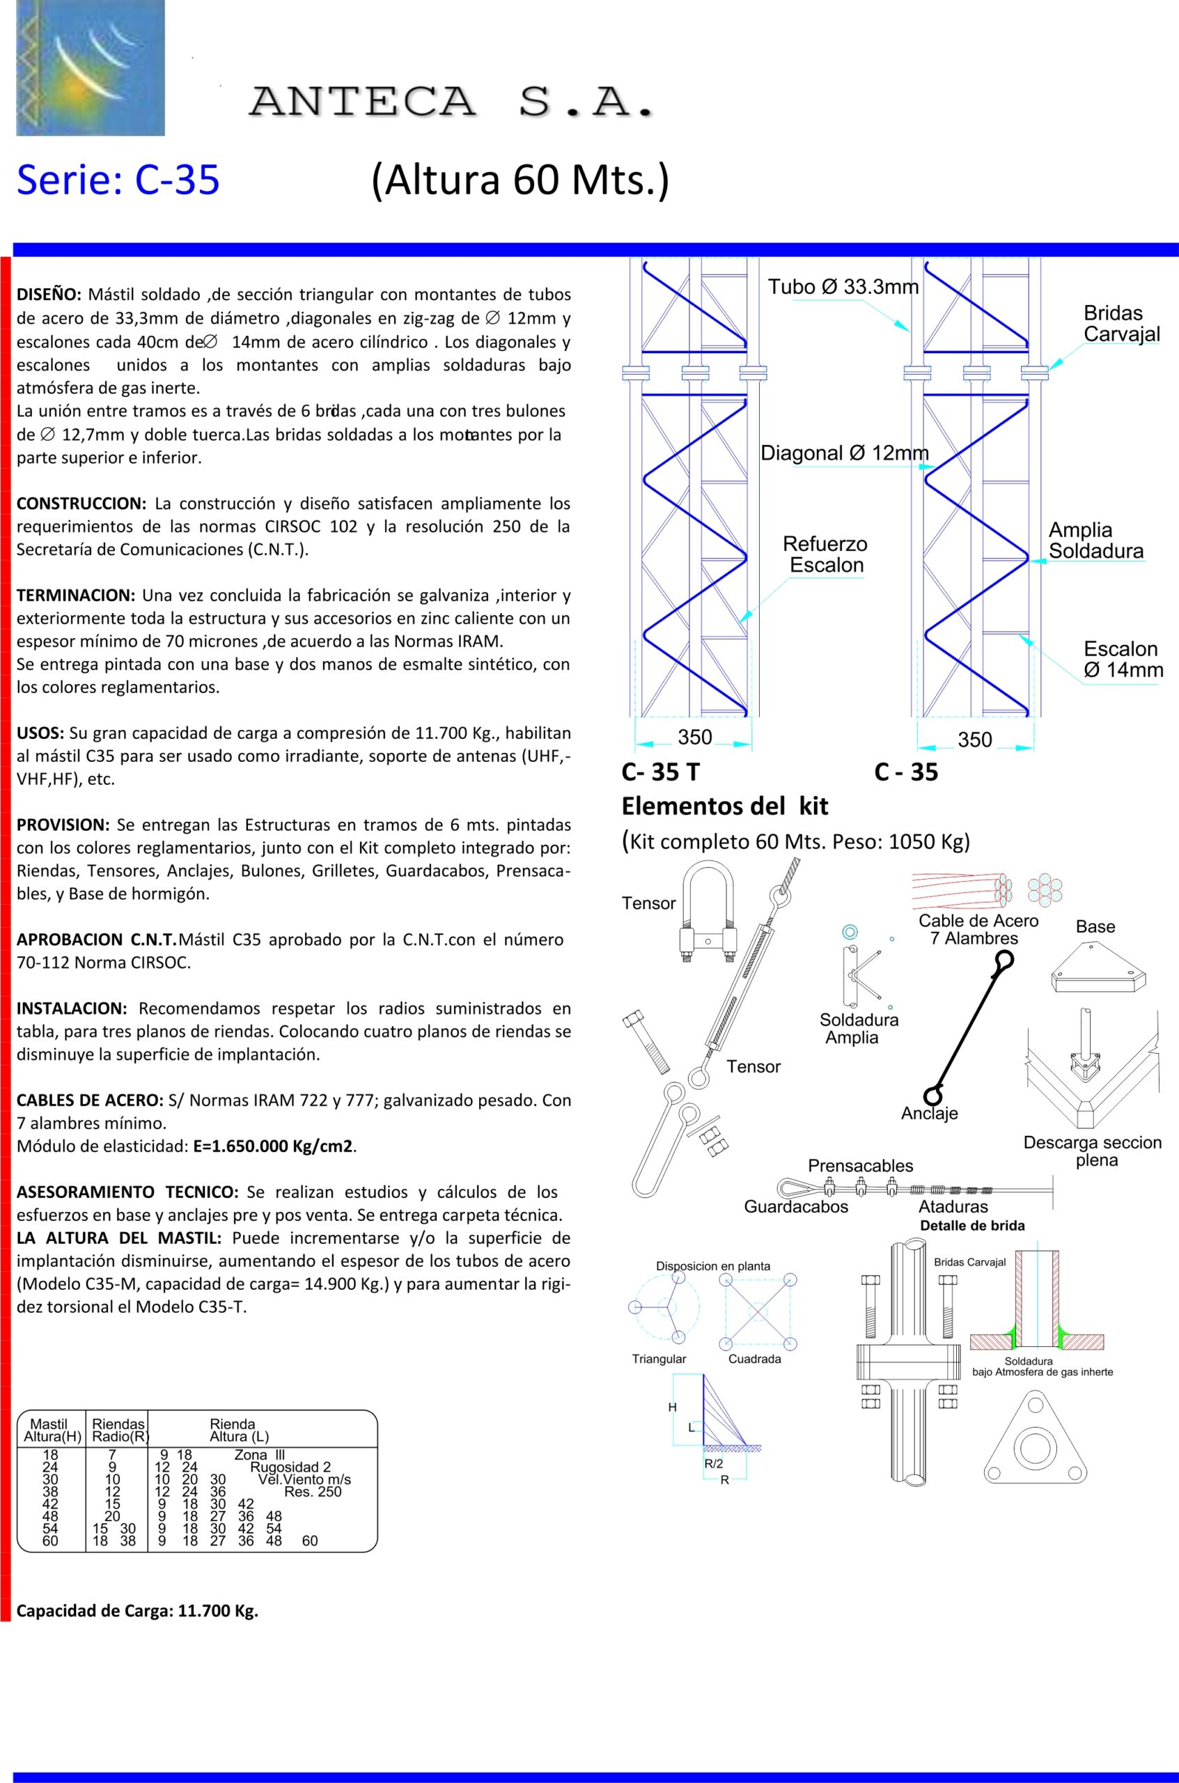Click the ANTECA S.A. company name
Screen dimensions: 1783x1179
451,102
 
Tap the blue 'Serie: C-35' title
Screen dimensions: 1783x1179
118,180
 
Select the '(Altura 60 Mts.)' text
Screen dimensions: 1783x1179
520,181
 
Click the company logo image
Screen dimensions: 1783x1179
91,68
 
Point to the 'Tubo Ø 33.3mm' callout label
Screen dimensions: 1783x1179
842,286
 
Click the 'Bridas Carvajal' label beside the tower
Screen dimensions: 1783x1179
1121,324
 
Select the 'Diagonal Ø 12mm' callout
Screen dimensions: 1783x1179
845,453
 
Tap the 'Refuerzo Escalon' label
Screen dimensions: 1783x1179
825,554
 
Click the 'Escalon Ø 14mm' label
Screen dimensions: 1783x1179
1123,660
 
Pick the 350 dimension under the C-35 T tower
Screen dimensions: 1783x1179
694,737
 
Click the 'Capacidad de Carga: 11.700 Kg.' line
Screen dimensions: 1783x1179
138,1612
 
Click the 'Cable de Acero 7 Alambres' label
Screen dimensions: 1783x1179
978,930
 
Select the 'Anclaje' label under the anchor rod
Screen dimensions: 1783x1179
930,1114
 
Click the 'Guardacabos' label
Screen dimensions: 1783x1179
795,1207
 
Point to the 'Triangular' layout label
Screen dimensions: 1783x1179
659,1359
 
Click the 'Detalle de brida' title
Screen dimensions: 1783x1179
972,1226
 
